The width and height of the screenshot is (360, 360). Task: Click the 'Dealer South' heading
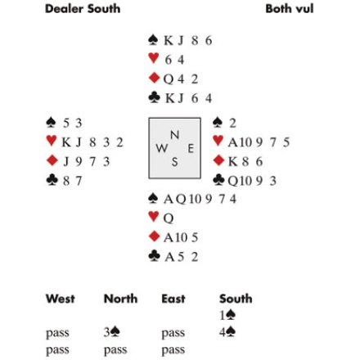click(x=83, y=9)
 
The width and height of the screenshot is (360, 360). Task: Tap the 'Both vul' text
click(x=290, y=9)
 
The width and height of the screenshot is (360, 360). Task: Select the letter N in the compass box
click(x=174, y=135)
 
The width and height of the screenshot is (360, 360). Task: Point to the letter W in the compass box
click(x=162, y=149)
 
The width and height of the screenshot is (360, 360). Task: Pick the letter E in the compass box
click(x=191, y=149)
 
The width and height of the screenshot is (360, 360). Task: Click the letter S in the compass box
click(x=174, y=162)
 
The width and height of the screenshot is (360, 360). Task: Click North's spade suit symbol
click(x=153, y=40)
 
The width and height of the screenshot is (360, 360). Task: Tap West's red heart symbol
click(x=52, y=141)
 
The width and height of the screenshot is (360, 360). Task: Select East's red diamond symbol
click(x=218, y=160)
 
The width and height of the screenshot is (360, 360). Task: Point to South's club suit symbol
click(x=154, y=256)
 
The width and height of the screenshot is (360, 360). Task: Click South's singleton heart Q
click(x=169, y=218)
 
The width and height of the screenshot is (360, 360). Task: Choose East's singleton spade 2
click(x=232, y=124)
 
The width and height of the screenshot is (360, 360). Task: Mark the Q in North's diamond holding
click(x=169, y=79)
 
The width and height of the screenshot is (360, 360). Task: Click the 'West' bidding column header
click(x=61, y=299)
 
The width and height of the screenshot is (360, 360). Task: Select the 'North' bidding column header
click(x=121, y=299)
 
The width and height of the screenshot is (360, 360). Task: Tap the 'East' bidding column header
click(x=173, y=299)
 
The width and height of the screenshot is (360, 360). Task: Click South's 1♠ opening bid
click(x=227, y=315)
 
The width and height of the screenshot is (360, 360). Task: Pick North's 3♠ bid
click(x=112, y=332)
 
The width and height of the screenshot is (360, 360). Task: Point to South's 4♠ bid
click(x=227, y=332)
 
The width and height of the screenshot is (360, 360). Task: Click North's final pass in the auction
click(x=115, y=350)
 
